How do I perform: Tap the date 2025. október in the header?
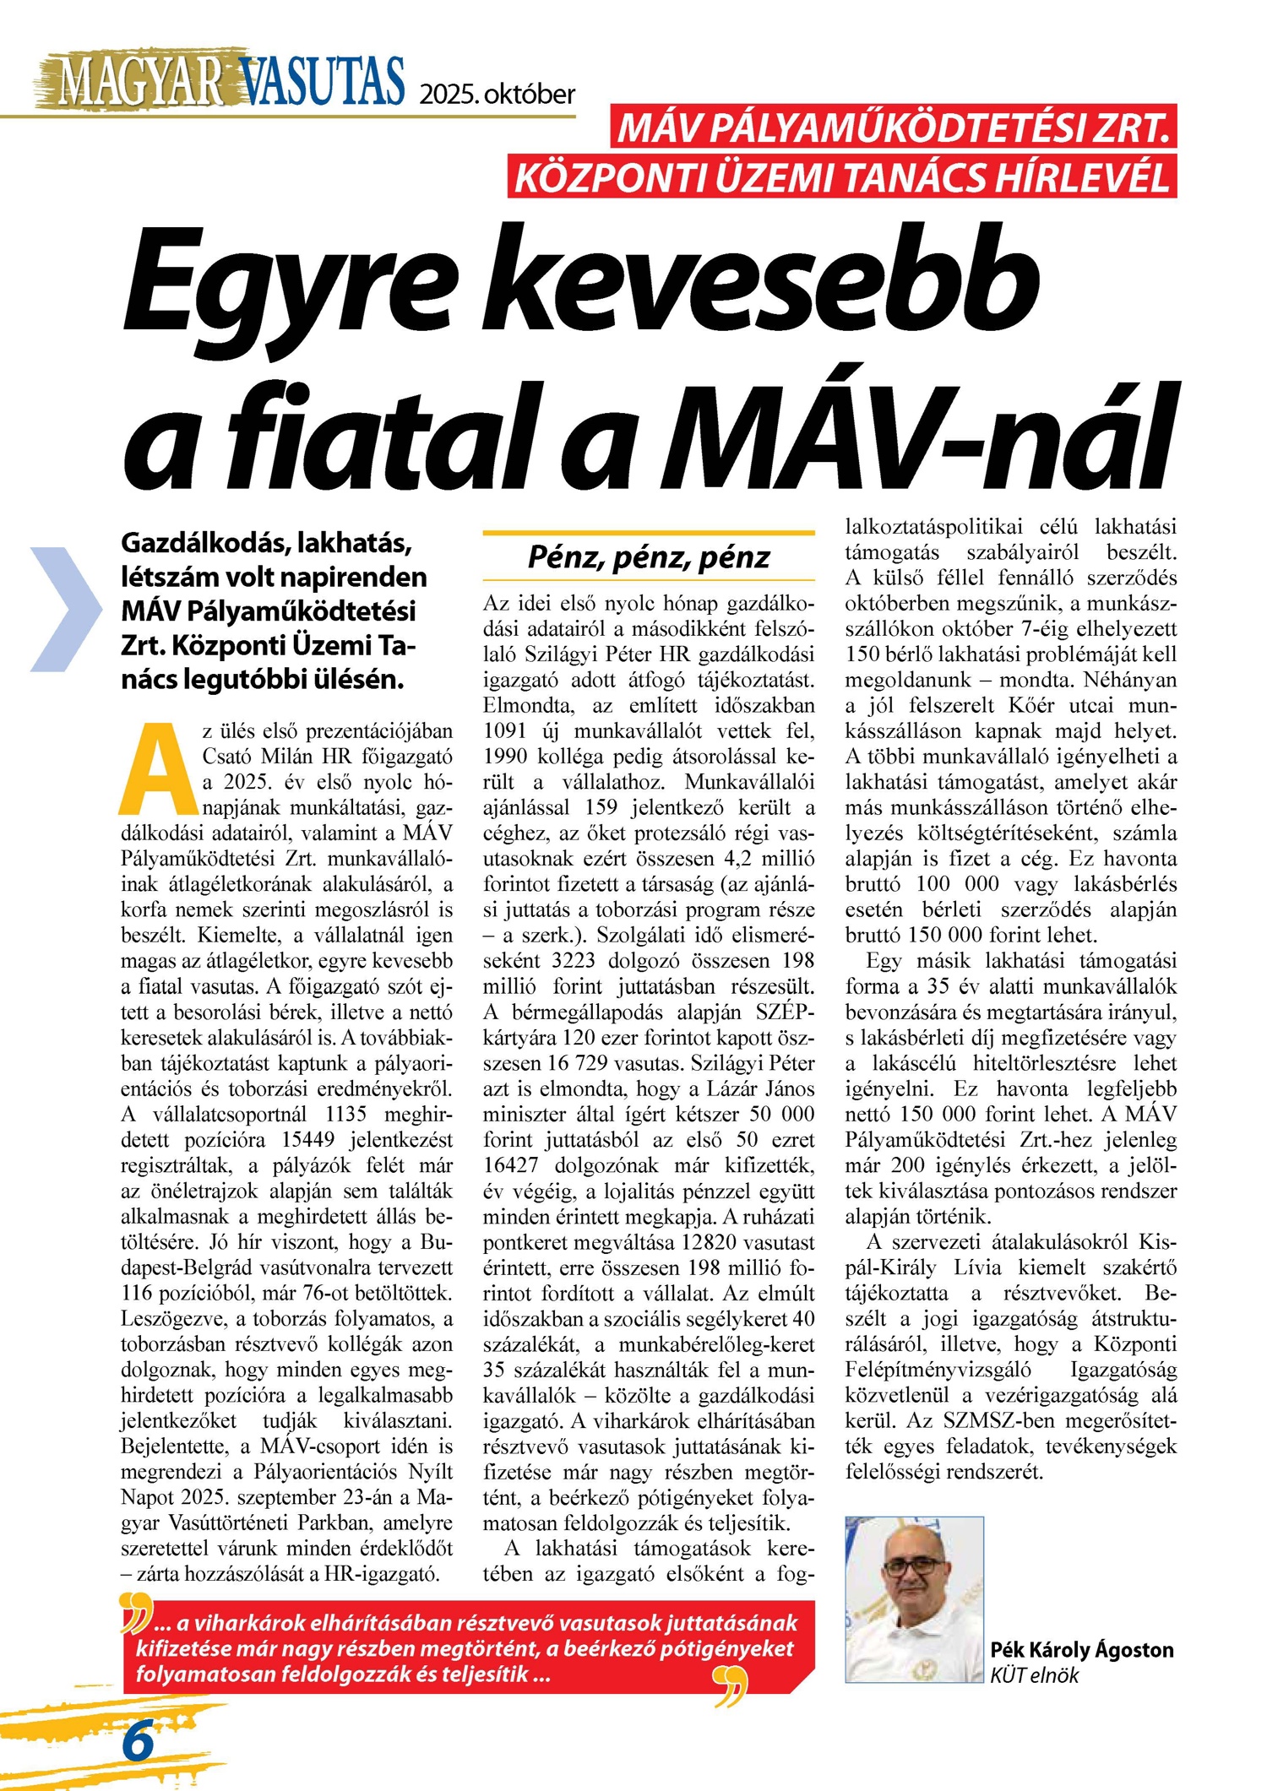(x=498, y=95)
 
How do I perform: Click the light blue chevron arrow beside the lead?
(x=65, y=609)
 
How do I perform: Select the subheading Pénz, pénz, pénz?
(x=649, y=557)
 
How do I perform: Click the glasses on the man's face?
(x=911, y=1565)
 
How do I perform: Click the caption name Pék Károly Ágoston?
(x=1081, y=1649)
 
